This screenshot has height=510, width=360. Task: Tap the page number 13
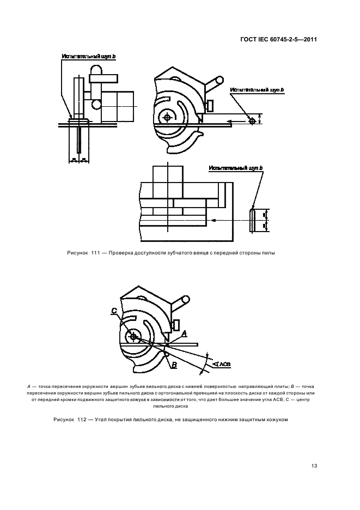coord(314,465)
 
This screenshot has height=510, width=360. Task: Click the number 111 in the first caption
coord(97,252)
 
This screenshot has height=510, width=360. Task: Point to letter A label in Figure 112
coord(184,332)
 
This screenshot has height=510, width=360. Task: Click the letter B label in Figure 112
coord(174,366)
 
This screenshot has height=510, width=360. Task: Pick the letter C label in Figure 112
coord(114,311)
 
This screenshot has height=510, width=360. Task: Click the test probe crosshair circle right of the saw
coord(252,121)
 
